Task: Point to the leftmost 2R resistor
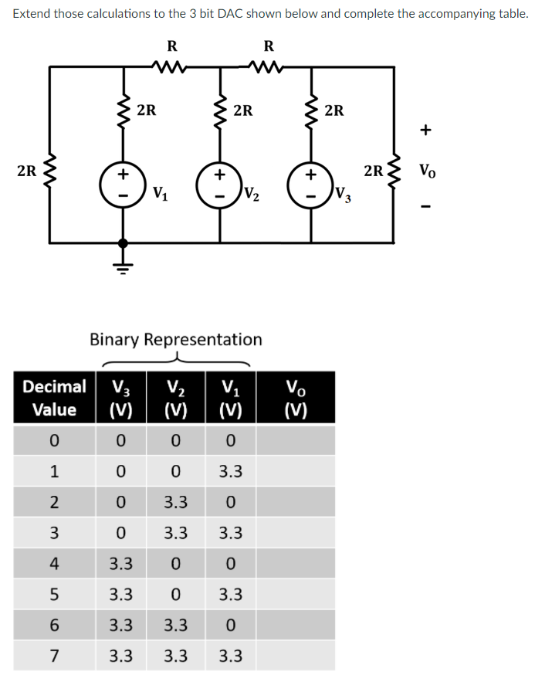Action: point(50,171)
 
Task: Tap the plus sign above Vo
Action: point(426,131)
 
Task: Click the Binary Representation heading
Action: point(176,339)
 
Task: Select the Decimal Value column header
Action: point(54,397)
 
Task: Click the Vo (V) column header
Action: point(296,397)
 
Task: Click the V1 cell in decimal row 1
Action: point(231,471)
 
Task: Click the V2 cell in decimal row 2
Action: point(176,502)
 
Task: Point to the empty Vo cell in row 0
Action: point(296,439)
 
